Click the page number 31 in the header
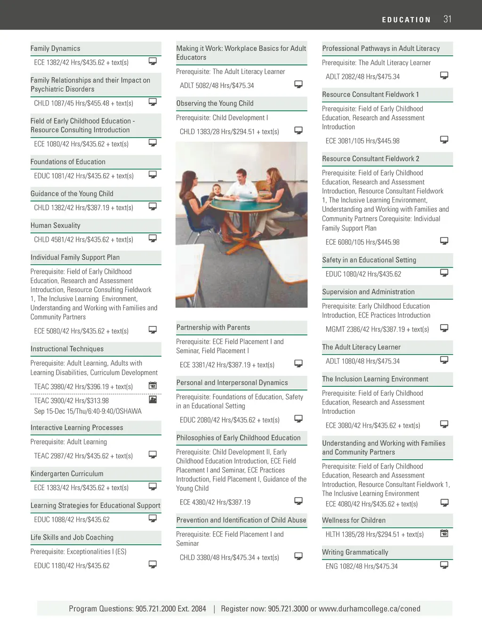pos(447,19)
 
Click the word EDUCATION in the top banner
pos(406,20)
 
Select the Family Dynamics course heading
pos(56,48)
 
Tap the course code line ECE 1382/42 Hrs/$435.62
pos(81,63)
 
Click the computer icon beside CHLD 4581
pos(153,239)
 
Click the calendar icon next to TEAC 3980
pos(153,386)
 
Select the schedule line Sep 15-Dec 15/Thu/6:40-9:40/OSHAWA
pos(88,411)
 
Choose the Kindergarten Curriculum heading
pos(67,474)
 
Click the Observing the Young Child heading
pos(215,104)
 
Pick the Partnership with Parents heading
pos(213,327)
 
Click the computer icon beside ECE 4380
pos(298,501)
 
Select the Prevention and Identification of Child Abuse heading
pos(241,520)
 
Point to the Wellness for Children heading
pos(353,520)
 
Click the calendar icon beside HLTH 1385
pos(444,533)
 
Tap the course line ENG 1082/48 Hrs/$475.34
pos(361,566)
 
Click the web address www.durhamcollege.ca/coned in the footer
pos(370,609)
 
